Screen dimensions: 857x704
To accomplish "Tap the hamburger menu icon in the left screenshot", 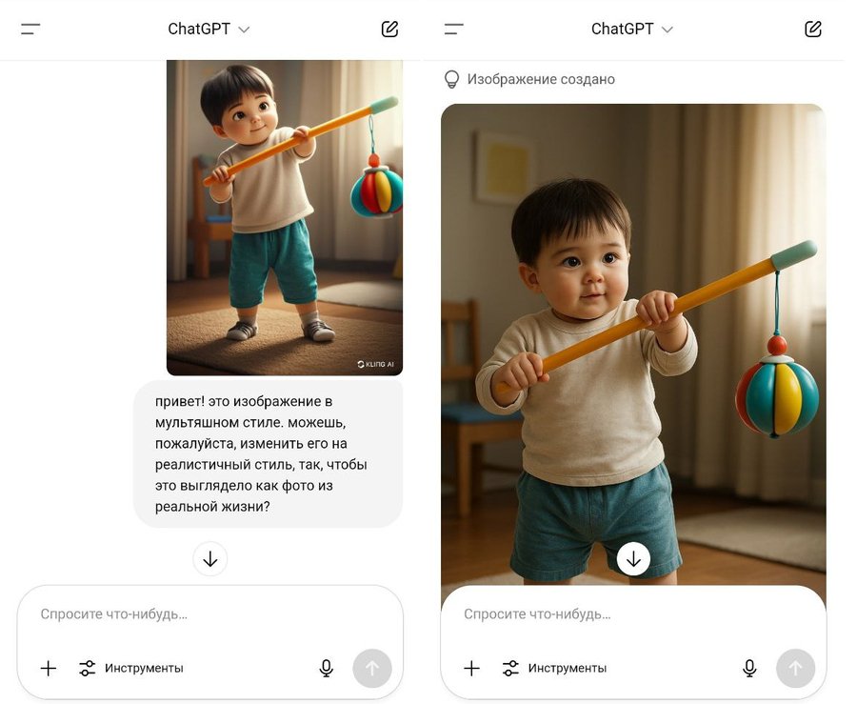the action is (x=30, y=29).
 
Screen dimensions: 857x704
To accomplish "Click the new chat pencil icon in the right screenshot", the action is (x=813, y=29).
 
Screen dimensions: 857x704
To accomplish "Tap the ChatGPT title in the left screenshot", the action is (x=199, y=29).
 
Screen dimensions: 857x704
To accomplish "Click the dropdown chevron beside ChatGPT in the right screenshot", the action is (x=668, y=30).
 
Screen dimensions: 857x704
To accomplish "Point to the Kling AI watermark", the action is (x=375, y=364).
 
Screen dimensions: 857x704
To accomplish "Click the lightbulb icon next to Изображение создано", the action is (x=451, y=80).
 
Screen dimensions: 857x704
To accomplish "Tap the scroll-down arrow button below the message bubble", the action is (x=210, y=559).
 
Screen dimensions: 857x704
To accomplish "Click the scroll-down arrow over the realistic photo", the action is (x=633, y=559).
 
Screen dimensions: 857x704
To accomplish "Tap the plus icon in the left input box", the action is (x=49, y=668).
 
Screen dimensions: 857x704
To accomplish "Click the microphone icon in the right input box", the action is (x=749, y=668).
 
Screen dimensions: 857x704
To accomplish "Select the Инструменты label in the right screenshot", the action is (x=568, y=668).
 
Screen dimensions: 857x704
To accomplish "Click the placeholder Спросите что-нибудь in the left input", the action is (x=113, y=614).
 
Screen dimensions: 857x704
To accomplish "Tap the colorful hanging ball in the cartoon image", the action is (x=376, y=191).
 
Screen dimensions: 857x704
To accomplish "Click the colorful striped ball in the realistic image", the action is (x=777, y=393).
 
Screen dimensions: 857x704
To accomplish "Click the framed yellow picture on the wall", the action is (x=503, y=168).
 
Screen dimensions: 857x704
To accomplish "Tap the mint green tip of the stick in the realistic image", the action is (x=794, y=255).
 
